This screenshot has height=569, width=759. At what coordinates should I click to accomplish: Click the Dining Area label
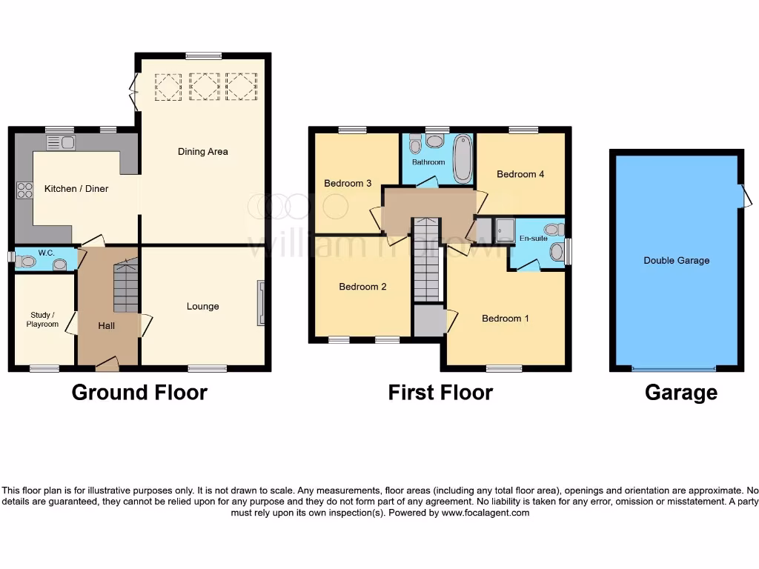202,152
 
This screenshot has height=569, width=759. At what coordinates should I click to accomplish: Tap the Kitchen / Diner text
76,189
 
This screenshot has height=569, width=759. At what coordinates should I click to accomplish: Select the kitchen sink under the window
61,142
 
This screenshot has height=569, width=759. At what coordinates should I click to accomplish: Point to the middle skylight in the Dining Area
203,86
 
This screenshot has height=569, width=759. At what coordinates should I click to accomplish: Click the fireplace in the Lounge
261,302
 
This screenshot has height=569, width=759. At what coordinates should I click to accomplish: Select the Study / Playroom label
44,319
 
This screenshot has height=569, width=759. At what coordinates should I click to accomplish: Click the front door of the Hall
107,364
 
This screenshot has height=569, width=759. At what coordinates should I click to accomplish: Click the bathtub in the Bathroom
463,158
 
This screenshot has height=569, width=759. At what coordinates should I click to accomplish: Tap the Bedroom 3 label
348,184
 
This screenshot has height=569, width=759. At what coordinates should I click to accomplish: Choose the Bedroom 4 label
520,175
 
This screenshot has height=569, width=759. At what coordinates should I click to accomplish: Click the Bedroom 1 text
506,319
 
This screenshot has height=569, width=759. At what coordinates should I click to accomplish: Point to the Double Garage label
676,261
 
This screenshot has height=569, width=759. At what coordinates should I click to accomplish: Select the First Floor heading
440,393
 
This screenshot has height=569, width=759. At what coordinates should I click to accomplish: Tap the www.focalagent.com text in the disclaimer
485,513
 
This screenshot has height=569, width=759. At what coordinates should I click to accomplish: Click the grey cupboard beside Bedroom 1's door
427,321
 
